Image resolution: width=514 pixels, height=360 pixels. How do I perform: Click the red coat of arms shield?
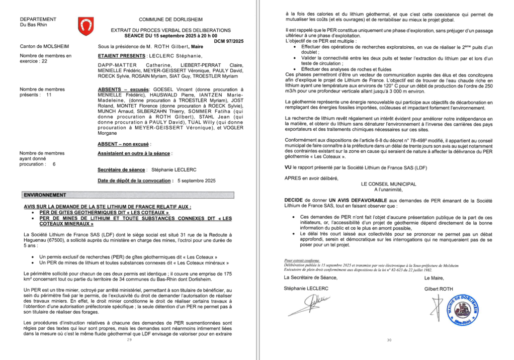pyautogui.click(x=85, y=24)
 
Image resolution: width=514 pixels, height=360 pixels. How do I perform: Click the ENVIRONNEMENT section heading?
pyautogui.click(x=45, y=195)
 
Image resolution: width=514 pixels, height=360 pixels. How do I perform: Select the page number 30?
pyautogui.click(x=388, y=340)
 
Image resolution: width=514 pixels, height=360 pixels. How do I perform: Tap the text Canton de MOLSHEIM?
pyautogui.click(x=41, y=46)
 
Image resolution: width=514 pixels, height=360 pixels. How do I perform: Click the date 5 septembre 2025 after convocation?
pyautogui.click(x=196, y=181)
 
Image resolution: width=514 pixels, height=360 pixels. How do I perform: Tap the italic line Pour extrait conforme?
pyautogui.click(x=299, y=260)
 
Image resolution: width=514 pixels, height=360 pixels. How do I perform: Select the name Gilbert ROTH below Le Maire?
pyautogui.click(x=439, y=289)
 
